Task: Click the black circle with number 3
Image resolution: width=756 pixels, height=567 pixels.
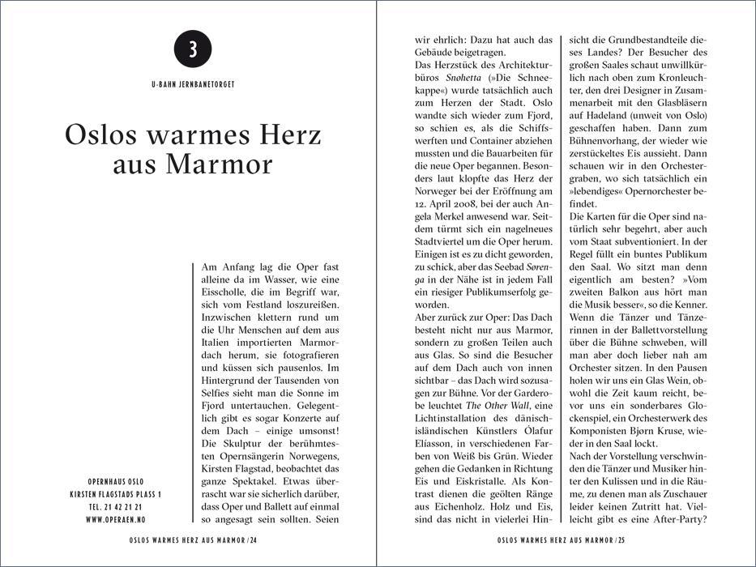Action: (x=193, y=49)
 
